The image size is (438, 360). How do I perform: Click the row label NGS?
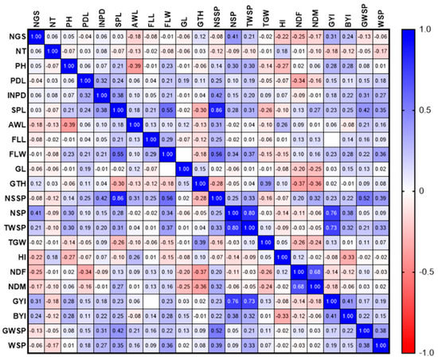[12, 37]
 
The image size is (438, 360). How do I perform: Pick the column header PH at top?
[69, 17]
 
